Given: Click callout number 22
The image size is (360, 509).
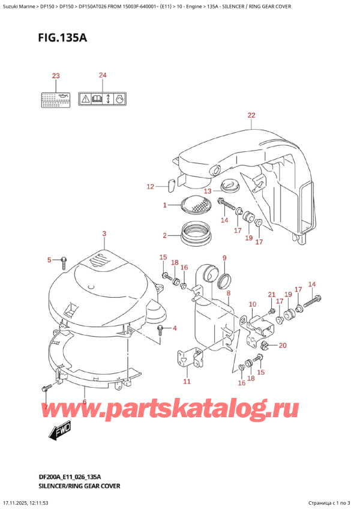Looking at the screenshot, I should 251,115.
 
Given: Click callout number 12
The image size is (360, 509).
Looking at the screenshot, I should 151,187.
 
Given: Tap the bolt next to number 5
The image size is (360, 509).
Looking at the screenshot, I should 63,261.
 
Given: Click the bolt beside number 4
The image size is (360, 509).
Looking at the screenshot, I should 160,329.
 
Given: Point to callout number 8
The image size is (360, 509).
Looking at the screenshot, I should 228,293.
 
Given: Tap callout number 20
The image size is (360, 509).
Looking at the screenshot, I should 283,345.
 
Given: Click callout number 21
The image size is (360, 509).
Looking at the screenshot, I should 271,294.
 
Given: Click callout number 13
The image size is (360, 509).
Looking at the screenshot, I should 207,191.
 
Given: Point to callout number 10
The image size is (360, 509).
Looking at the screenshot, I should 252,304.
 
